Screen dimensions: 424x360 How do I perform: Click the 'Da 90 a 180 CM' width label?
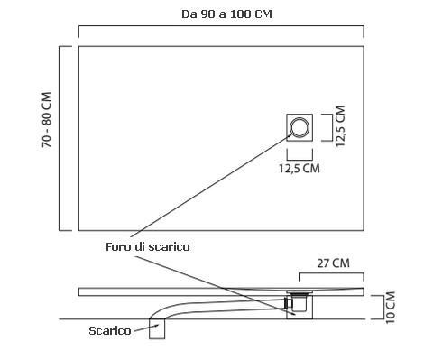click(226, 14)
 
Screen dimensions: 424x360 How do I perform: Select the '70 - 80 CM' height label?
click(47, 120)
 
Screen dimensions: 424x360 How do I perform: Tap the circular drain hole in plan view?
click(300, 127)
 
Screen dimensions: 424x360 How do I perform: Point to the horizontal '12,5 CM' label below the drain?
click(300, 168)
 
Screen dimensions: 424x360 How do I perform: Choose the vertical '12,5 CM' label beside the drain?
click(340, 126)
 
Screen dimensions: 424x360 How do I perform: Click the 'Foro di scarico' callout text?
click(148, 247)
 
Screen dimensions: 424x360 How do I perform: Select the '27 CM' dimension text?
click(333, 263)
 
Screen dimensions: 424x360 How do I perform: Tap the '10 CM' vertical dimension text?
click(390, 308)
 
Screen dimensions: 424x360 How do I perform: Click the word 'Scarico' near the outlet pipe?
click(110, 331)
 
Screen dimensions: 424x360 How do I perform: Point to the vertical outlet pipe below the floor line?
click(157, 328)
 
